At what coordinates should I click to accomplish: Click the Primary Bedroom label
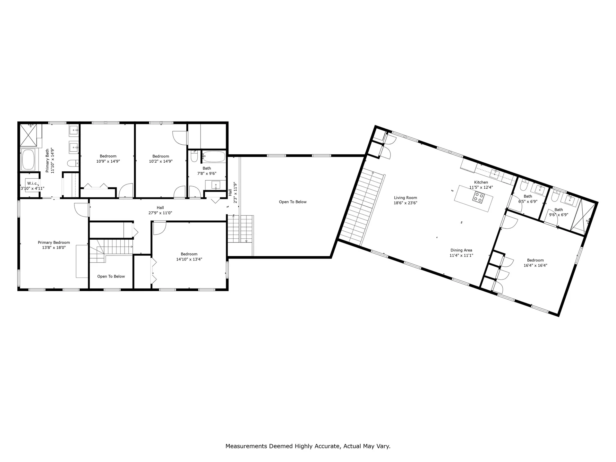(54, 243)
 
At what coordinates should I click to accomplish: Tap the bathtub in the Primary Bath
(28, 160)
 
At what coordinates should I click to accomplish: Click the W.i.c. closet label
(32, 184)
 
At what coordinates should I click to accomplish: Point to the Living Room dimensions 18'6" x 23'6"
(405, 203)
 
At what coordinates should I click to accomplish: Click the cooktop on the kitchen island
(478, 197)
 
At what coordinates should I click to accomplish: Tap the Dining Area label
(461, 250)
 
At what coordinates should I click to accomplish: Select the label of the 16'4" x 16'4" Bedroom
(535, 260)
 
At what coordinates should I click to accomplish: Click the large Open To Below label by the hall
(293, 202)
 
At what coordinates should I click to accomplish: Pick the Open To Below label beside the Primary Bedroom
(111, 276)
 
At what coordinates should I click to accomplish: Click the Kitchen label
(481, 182)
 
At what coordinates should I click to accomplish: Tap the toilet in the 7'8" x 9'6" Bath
(194, 157)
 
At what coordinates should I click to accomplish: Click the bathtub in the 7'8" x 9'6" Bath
(214, 157)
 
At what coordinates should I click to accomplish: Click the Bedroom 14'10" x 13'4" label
(189, 254)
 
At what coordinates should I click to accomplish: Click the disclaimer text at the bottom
(308, 446)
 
